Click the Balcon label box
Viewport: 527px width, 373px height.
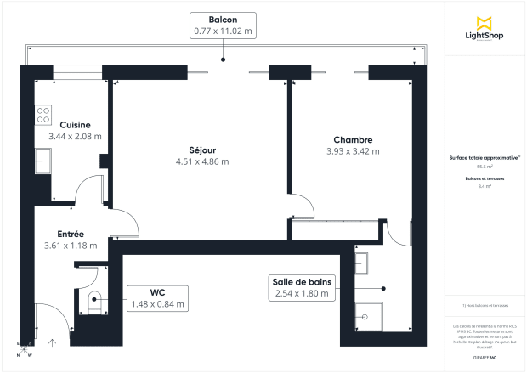(223, 25)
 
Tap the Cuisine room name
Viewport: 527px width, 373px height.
(69, 125)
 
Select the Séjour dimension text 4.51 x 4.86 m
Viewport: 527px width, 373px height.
(202, 161)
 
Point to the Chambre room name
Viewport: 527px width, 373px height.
(353, 140)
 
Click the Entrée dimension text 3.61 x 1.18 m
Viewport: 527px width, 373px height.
(70, 246)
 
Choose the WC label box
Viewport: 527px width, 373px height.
(156, 297)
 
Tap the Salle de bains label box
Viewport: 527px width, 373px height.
(303, 288)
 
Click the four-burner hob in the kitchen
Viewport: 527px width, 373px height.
(44, 115)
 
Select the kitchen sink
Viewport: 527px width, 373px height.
(43, 159)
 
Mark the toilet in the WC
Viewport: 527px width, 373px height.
(93, 297)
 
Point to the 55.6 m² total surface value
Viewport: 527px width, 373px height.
(484, 167)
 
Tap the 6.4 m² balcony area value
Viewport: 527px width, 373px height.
(484, 185)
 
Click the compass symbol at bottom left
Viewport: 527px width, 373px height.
(25, 348)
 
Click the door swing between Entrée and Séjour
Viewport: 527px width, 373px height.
(125, 223)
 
